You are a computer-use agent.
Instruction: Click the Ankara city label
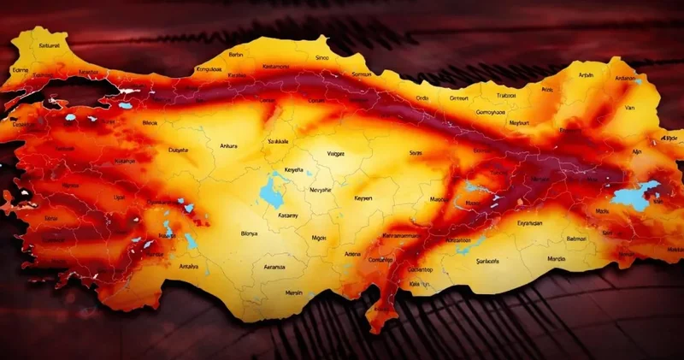(227, 145)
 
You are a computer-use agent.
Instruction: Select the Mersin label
(294, 292)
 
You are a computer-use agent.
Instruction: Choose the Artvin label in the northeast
(587, 74)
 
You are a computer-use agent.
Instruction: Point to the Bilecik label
(149, 123)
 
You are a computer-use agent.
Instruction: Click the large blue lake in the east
(636, 197)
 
